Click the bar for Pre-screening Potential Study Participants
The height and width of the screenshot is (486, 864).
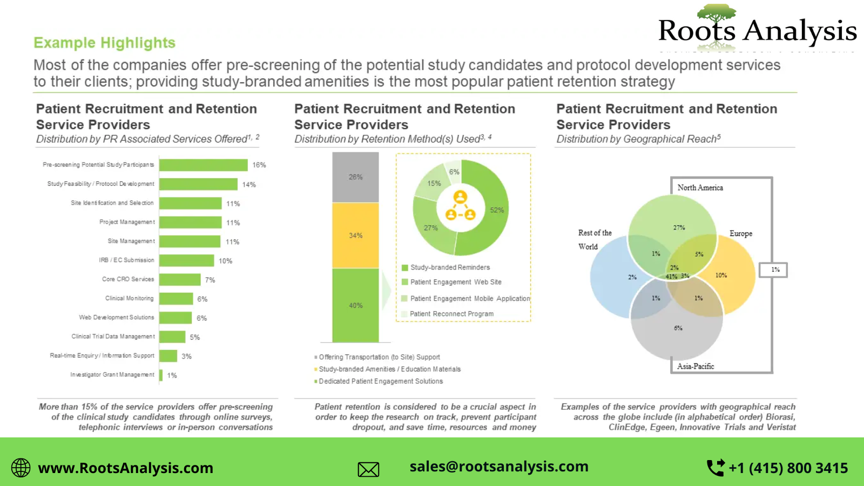tap(203, 165)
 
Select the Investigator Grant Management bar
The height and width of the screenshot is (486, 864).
tap(161, 375)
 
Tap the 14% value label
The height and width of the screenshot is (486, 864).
tap(249, 185)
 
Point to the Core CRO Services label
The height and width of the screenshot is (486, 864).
tap(128, 279)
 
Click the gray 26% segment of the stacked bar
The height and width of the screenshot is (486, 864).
tap(355, 177)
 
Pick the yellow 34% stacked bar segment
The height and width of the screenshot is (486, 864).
tap(355, 235)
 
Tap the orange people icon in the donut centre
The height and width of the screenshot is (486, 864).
tap(460, 206)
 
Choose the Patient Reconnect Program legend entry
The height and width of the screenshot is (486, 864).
tap(451, 314)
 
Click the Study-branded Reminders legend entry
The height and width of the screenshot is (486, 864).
tap(450, 267)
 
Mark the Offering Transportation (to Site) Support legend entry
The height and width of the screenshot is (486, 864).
tap(379, 357)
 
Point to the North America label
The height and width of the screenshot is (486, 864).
tap(700, 187)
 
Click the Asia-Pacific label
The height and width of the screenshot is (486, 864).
tap(696, 366)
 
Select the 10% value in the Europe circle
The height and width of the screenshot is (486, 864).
tap(721, 275)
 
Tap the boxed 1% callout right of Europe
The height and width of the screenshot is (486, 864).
tap(775, 269)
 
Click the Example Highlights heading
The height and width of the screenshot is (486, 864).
tap(104, 43)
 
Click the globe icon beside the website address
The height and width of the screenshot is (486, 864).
tap(21, 468)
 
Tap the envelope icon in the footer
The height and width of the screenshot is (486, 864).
tap(368, 469)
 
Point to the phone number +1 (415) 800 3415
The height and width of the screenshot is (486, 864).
tap(788, 468)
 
